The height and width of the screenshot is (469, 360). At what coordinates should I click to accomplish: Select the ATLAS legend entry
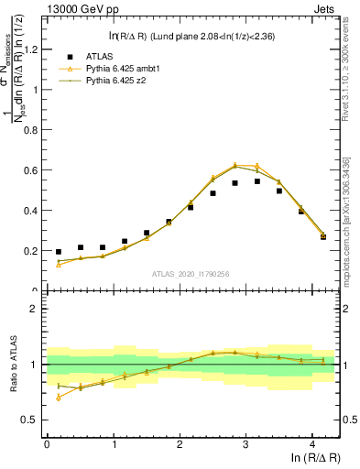108,56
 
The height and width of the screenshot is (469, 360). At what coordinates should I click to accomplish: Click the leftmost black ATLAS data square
59,252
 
